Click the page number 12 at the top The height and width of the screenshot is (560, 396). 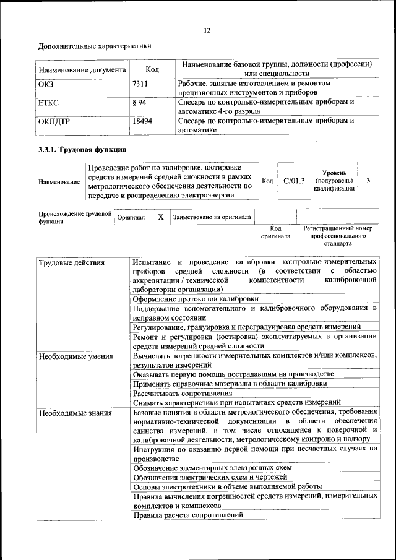click(207, 31)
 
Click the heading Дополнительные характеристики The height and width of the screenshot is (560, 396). click(95, 46)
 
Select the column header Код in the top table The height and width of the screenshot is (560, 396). click(152, 70)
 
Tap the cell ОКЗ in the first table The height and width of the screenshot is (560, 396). click(46, 83)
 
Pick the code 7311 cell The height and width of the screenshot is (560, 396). click(142, 83)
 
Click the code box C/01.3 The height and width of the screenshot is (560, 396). click(294, 181)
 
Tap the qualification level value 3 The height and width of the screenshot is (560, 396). click(368, 181)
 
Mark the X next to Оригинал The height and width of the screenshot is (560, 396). click(160, 217)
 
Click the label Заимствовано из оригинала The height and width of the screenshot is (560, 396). click(212, 217)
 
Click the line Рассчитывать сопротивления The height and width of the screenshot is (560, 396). click(183, 393)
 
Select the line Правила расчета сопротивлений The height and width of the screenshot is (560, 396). click(187, 515)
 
